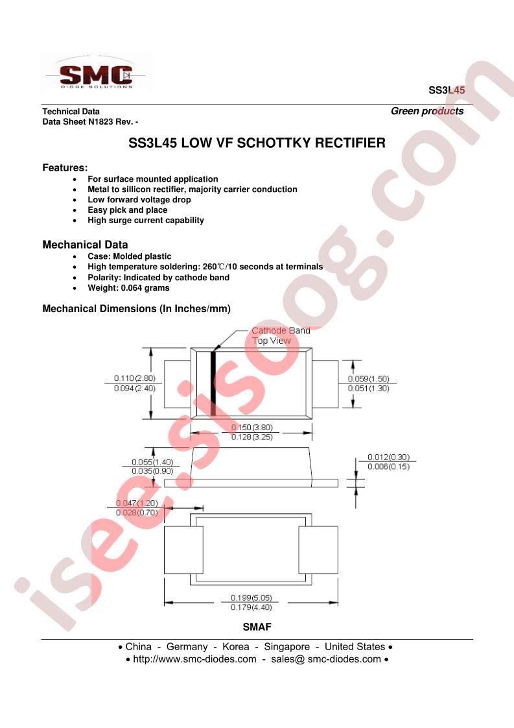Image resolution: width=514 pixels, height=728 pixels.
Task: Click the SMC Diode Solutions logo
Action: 97,74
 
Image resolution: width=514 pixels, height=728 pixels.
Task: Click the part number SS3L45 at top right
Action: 447,90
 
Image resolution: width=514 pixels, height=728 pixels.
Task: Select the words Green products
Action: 427,111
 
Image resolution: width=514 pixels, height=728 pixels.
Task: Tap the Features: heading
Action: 65,167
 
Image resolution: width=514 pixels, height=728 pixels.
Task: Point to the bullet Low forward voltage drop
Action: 139,200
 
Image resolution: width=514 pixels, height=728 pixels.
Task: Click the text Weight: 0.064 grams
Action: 128,288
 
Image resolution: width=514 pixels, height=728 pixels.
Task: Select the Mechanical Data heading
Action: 85,245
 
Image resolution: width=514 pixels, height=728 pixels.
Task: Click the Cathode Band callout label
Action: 281,330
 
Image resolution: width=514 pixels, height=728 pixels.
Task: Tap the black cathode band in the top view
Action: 213,383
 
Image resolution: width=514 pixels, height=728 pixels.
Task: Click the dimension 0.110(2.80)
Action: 135,378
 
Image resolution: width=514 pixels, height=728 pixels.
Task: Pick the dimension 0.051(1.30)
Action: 368,389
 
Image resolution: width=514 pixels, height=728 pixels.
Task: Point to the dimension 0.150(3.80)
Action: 252,427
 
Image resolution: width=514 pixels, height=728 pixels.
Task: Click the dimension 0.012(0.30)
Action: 388,457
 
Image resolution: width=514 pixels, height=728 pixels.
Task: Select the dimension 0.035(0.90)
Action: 152,471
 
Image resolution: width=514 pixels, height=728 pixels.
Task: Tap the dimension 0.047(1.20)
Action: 137,503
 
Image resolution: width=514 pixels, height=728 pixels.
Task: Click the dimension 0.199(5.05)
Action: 251,598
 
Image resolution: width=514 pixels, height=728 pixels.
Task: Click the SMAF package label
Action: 257,627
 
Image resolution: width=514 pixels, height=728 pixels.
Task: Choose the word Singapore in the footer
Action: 286,647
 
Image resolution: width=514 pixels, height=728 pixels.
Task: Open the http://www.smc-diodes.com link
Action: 194,659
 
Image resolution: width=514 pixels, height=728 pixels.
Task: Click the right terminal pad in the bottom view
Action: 318,550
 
